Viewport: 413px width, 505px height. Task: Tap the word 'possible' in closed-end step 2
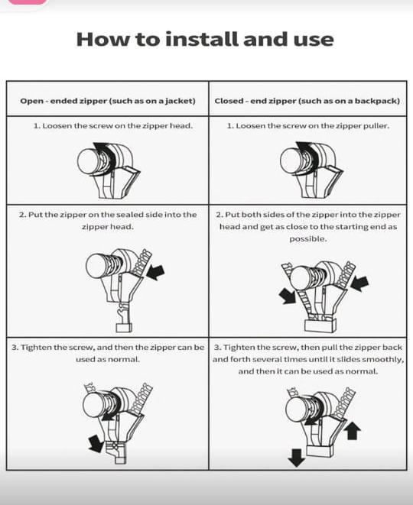coord(307,239)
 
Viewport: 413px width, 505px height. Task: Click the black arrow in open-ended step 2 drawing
coord(155,272)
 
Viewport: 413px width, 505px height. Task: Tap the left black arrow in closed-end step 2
coord(288,296)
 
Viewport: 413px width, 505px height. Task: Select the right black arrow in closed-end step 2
coord(359,283)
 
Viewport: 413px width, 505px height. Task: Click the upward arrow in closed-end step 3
coord(353,431)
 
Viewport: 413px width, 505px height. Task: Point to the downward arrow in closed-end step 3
coord(296,458)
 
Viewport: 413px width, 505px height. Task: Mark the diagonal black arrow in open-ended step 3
coord(96,443)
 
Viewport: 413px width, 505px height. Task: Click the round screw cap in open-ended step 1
coord(89,160)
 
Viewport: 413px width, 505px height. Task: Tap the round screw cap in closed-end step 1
coord(291,160)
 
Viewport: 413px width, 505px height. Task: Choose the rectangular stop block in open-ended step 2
coord(124,328)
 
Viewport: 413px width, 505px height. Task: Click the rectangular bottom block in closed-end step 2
coord(320,325)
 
